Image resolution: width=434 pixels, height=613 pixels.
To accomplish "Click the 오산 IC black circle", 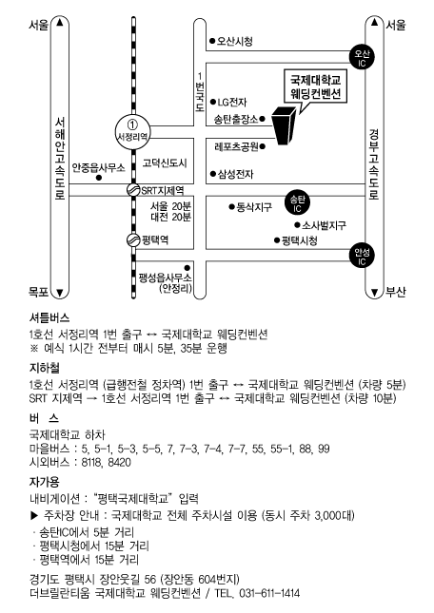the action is (x=362, y=57).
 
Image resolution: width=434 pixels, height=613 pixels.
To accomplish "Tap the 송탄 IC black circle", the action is (x=297, y=202).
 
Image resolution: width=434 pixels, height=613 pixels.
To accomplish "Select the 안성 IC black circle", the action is (x=362, y=256).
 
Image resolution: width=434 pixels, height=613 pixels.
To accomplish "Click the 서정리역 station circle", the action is (x=133, y=131).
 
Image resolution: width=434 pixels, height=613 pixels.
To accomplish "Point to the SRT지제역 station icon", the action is (x=133, y=190).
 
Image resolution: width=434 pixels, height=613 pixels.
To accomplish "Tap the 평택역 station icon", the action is (x=133, y=239).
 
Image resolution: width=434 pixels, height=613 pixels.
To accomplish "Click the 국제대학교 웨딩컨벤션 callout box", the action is (x=315, y=87).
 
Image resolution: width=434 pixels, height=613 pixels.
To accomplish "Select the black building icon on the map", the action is (x=285, y=125).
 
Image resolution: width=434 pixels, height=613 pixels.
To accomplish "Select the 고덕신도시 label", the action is (x=165, y=163).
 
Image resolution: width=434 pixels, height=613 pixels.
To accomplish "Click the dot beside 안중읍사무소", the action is (x=99, y=178).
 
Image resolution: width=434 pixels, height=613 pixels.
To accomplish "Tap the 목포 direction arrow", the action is (x=59, y=292).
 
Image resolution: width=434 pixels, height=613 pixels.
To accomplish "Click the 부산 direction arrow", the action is (x=375, y=292).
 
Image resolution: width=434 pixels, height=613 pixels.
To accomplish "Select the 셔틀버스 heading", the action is (x=49, y=317).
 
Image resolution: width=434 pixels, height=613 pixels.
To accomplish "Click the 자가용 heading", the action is (x=45, y=482).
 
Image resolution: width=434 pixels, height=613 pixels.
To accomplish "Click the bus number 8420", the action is (x=119, y=462).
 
